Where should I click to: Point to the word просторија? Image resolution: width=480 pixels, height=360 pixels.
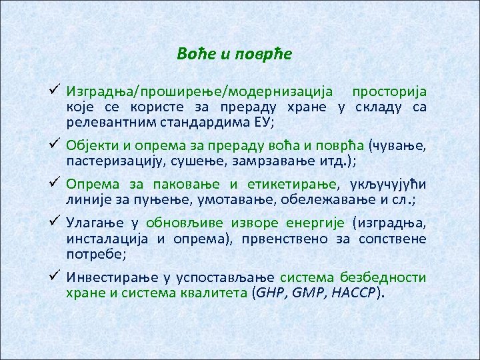coord(390,92)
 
